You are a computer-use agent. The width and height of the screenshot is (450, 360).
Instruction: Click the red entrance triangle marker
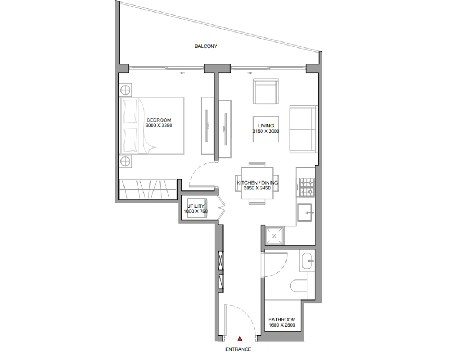coord(240,339)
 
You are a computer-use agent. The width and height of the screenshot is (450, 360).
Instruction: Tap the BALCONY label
coord(206,46)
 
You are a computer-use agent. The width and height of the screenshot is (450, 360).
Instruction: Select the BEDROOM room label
coord(159,120)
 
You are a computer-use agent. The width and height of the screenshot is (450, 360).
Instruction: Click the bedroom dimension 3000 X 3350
coord(159,126)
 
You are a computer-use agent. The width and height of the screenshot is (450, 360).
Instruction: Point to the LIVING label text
coord(266,126)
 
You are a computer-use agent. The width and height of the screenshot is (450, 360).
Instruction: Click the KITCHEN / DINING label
coord(257,183)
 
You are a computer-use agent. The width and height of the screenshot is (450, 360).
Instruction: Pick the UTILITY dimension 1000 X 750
coord(196,211)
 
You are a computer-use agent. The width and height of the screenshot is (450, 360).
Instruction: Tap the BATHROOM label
coord(282,319)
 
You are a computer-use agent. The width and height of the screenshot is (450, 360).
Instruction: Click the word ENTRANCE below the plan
coord(238,349)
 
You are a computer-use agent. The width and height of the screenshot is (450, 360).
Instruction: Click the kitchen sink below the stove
coord(305,212)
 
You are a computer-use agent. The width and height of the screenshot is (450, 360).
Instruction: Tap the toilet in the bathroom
coord(298,286)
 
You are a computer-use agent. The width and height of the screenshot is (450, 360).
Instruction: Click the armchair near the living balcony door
coord(266,91)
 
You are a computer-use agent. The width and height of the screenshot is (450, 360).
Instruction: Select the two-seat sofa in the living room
coord(303,129)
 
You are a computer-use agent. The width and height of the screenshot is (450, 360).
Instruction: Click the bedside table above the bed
coord(126,90)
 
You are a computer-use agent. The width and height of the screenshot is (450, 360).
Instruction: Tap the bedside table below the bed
coord(126,162)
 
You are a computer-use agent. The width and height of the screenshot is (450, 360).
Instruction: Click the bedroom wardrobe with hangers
coord(148,189)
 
